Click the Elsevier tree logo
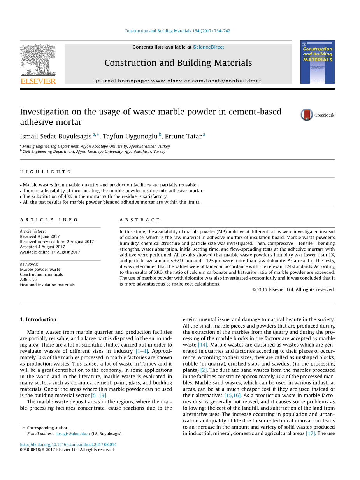[38, 60]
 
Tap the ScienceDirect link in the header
[208, 47]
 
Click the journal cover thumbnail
[317, 62]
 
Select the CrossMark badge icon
[307, 115]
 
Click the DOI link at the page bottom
[68, 445]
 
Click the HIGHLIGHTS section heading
[46, 172]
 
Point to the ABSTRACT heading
[140, 220]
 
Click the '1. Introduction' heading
[38, 319]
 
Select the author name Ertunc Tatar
[183, 137]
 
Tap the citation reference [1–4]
[142, 351]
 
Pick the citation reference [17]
[310, 433]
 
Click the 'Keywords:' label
[29, 264]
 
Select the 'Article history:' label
[33, 231]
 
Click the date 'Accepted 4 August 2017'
[42, 247]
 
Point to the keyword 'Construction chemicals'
[41, 275]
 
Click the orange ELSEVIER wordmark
[38, 81]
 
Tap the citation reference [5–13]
[99, 396]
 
